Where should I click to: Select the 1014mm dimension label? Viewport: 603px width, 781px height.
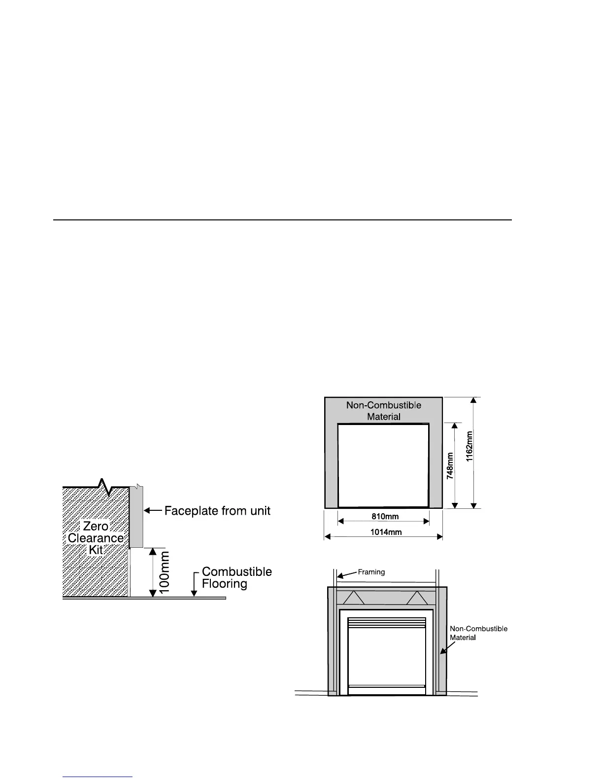pos(386,532)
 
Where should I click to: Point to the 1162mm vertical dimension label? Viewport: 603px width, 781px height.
pos(469,446)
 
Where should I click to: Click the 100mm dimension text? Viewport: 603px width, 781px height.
pos(165,572)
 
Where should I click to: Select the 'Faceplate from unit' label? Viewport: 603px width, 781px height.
pos(217,511)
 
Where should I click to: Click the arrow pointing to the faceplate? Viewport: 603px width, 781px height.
pos(153,511)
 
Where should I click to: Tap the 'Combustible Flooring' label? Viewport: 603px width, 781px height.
pos(236,577)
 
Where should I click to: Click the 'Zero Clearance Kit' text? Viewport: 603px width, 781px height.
pos(96,538)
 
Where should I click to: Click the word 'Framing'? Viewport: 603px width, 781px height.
pos(371,572)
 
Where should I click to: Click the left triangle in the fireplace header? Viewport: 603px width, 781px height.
pos(354,598)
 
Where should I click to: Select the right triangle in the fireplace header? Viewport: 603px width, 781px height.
pos(417,598)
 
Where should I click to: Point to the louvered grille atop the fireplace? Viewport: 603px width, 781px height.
pos(387,623)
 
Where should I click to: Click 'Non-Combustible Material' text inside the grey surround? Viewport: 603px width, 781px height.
pos(384,411)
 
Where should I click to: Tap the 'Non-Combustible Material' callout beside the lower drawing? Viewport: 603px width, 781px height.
pos(478,633)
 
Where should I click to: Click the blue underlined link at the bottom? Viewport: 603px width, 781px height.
pos(98,777)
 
